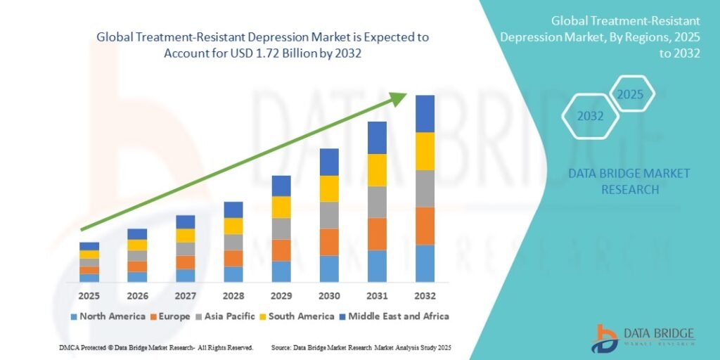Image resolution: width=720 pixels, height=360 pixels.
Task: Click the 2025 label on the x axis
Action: (89, 295)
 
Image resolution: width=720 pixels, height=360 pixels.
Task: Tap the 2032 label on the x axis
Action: (425, 295)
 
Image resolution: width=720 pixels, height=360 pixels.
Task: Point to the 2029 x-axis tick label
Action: (281, 295)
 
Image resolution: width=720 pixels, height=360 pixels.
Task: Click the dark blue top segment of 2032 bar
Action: (425, 113)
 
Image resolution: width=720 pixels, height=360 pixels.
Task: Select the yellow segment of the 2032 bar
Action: (425, 151)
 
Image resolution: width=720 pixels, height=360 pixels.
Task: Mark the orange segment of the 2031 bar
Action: (377, 234)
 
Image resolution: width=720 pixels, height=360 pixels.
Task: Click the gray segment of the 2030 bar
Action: (329, 215)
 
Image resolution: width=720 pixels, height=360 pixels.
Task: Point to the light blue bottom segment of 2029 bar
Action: (281, 271)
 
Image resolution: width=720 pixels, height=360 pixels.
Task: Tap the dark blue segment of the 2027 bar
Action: (186, 221)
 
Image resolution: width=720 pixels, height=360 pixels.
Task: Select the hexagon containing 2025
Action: (631, 94)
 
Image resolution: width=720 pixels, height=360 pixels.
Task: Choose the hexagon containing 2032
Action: (591, 116)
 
